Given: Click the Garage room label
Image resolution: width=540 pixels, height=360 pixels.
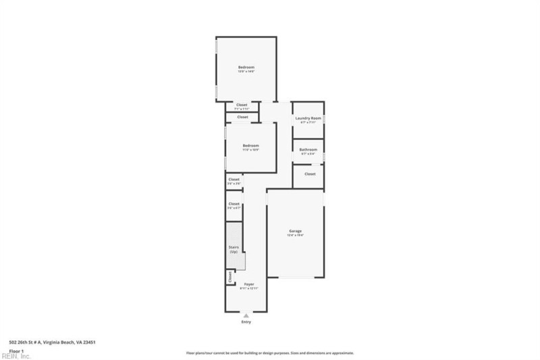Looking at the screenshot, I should click(x=295, y=231).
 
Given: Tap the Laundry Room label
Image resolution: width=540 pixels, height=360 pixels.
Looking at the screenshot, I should click(x=307, y=118).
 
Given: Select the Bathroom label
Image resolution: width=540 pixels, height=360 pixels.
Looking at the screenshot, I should click(x=308, y=149).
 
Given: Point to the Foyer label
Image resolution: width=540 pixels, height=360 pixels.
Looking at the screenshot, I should click(x=249, y=284).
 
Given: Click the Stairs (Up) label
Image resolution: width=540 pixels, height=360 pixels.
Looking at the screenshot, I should click(x=234, y=249).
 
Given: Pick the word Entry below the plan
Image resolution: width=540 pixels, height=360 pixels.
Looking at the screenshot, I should click(x=246, y=322).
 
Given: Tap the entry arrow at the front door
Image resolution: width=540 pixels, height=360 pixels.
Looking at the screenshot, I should click(x=246, y=315).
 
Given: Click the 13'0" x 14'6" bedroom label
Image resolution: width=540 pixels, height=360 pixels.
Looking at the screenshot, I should click(x=246, y=71).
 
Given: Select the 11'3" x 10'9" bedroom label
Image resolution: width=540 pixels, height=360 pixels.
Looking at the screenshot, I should click(x=250, y=149).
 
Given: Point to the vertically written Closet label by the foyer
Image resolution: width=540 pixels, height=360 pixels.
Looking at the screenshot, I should click(x=230, y=276).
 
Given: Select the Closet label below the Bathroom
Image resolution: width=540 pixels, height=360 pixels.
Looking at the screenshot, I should click(x=310, y=174).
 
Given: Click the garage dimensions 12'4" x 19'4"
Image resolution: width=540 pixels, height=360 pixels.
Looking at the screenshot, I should click(x=295, y=235).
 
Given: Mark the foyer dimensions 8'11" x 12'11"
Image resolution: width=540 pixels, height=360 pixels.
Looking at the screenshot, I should click(x=249, y=288).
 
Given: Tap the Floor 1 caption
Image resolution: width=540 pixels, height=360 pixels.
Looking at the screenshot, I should click(x=17, y=351).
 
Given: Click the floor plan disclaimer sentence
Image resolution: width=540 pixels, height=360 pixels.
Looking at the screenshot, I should click(x=269, y=353).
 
